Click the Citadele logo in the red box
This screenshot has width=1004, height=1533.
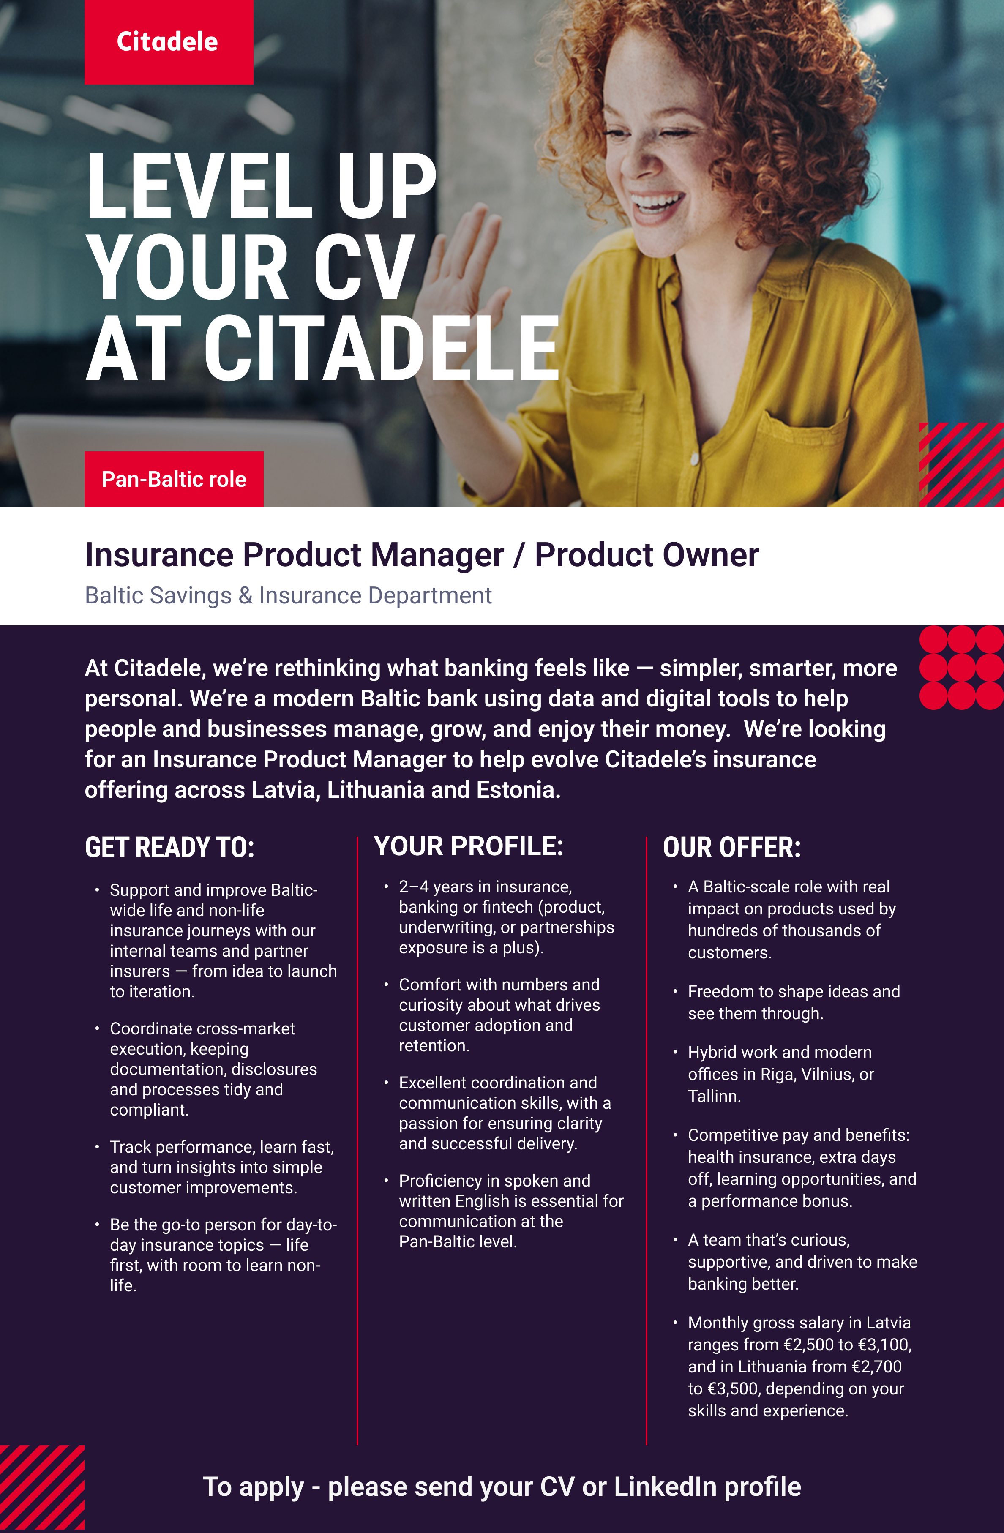coord(167,42)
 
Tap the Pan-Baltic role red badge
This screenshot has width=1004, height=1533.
coord(174,479)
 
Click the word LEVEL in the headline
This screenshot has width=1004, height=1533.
coord(199,186)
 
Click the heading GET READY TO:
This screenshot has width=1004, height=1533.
coord(169,847)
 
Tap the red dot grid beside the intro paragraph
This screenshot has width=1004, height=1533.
coord(961,667)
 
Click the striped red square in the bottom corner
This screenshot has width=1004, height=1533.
coord(42,1488)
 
